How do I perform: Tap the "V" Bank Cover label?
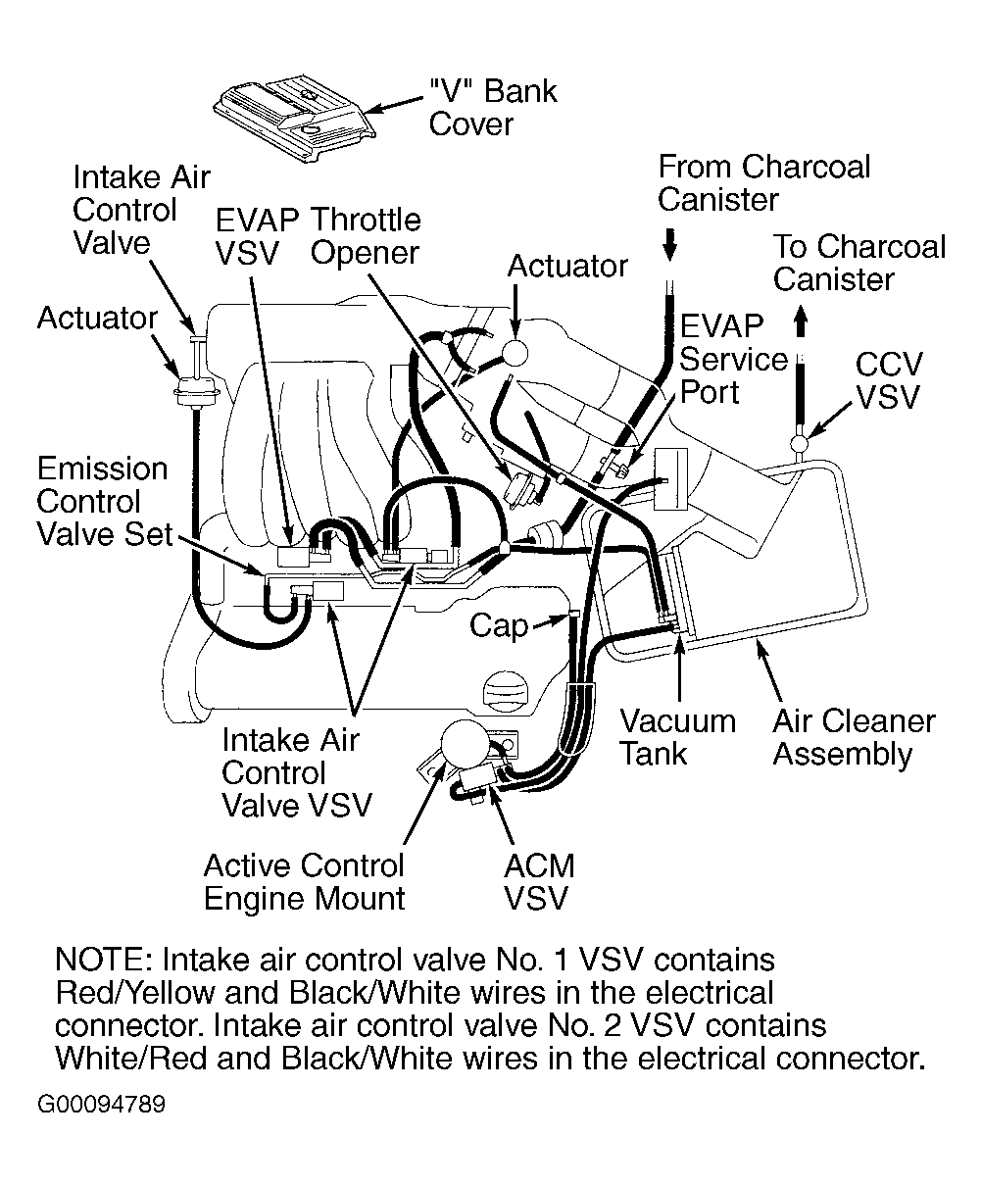(493, 108)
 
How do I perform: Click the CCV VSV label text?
(888, 380)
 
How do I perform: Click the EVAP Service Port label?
(733, 359)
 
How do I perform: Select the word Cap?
(499, 625)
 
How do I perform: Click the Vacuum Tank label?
(677, 737)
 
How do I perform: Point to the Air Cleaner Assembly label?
(854, 738)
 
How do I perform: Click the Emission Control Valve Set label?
(103, 501)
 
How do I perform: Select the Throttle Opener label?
(365, 235)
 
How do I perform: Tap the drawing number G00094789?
(102, 1105)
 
